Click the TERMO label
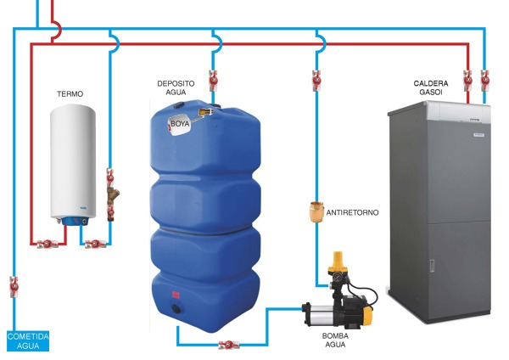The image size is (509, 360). point(70,93)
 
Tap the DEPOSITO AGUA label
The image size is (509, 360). point(176,88)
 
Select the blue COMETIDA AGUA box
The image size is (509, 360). point(28,340)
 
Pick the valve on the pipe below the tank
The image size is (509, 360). point(226,344)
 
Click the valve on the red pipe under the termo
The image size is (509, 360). point(50,245)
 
